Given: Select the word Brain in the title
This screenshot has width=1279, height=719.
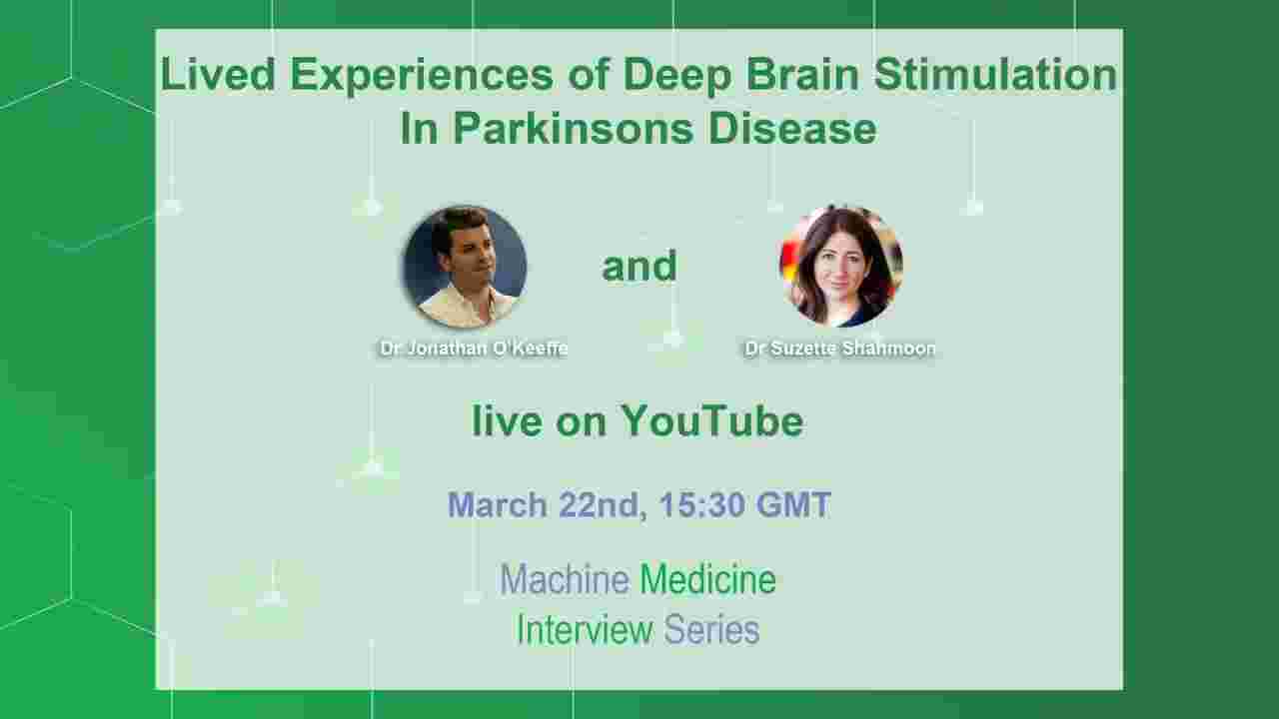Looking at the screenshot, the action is (802, 74).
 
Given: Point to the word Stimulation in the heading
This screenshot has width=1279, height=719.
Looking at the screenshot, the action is (995, 74).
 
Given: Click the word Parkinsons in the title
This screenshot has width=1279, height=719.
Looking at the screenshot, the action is (574, 128).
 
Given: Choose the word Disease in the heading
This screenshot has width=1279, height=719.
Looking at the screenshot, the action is (792, 128).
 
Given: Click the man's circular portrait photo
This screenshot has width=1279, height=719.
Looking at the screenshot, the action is (465, 267).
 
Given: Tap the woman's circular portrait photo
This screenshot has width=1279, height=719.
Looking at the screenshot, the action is (841, 267).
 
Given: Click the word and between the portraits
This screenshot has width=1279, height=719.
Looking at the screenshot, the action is (639, 266).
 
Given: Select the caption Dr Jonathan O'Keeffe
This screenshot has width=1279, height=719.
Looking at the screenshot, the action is (474, 349).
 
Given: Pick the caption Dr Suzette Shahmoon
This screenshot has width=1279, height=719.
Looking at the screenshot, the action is (840, 349).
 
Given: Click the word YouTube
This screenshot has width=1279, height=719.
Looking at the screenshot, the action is (712, 421).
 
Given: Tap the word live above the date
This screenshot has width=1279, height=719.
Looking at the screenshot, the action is (507, 421).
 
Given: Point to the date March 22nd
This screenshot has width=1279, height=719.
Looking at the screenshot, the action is (547, 505).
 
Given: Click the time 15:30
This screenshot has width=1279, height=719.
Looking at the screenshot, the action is (702, 504).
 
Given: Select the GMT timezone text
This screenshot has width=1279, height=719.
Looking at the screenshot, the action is (793, 504).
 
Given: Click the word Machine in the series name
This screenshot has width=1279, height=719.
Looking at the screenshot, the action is (565, 579).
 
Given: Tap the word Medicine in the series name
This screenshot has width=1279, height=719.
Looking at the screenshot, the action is (708, 579).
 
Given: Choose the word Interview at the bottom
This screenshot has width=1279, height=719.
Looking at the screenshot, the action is (585, 629).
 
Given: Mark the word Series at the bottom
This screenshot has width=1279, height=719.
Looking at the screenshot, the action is (712, 629).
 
